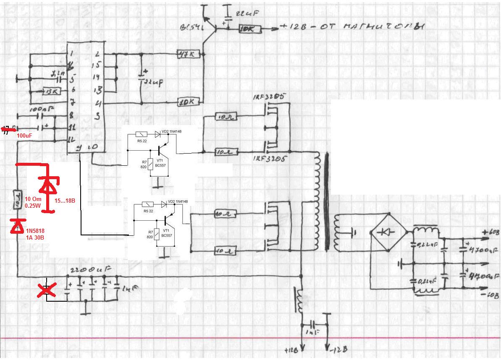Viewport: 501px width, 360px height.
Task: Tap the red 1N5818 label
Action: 35,231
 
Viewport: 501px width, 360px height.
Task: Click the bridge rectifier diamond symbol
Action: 386,232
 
